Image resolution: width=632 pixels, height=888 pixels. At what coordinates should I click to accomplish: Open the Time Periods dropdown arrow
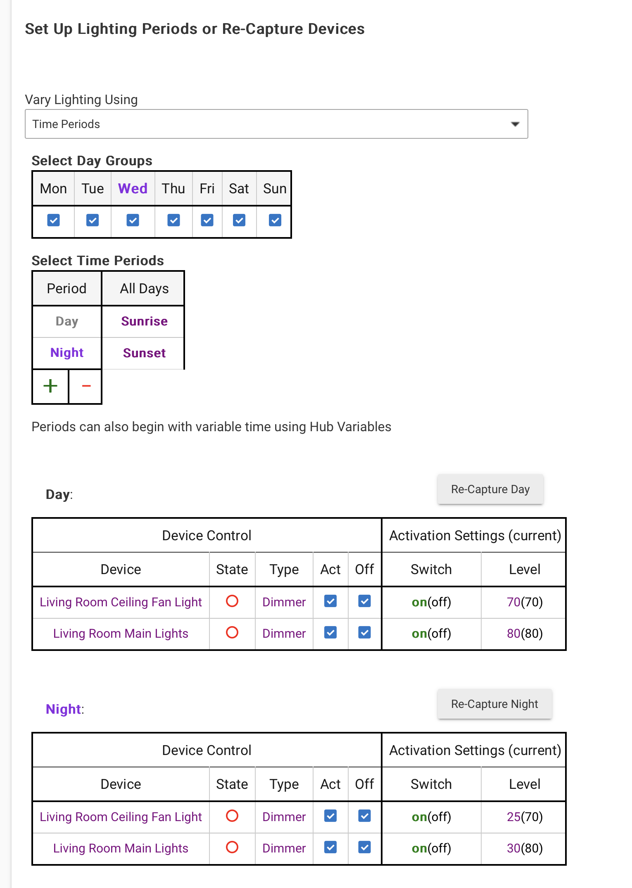[515, 124]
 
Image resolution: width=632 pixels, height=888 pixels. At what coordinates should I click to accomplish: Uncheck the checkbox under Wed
[133, 220]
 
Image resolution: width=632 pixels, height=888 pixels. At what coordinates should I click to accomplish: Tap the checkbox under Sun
[275, 220]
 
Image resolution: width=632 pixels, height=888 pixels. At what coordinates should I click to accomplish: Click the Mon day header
[53, 189]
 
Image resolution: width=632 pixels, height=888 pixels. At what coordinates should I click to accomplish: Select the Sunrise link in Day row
[144, 321]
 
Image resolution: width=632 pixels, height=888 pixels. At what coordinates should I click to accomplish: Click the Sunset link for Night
[144, 353]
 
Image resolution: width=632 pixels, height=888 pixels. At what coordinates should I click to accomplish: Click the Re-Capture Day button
[490, 489]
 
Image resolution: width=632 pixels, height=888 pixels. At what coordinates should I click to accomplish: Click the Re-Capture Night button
[494, 704]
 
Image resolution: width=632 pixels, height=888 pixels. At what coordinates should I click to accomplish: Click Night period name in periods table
[67, 353]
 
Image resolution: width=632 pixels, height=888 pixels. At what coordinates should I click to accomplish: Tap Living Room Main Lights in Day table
[121, 634]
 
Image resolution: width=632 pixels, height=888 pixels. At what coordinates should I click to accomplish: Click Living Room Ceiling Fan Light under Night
[121, 817]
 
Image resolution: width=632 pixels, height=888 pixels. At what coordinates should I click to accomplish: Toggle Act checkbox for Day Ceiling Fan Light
[330, 601]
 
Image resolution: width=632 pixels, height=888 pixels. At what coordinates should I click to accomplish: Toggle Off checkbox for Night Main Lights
[364, 847]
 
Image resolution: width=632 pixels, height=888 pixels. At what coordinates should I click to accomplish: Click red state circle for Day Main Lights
[232, 632]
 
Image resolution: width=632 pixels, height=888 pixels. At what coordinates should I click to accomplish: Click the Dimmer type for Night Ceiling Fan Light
[284, 817]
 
